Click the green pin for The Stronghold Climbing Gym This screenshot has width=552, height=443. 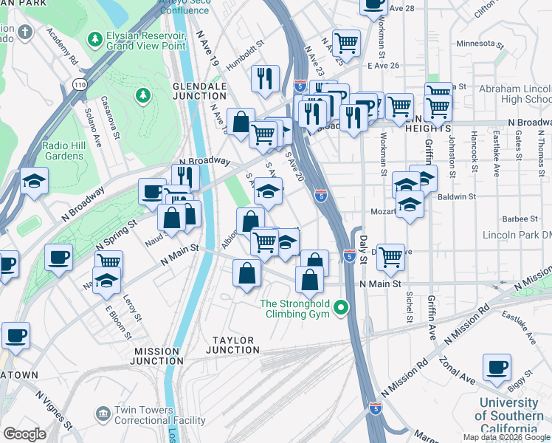341,307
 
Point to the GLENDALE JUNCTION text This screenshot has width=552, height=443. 199,91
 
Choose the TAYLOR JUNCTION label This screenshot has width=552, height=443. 232,346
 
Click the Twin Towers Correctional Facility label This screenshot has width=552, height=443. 159,416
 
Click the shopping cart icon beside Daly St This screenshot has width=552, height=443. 390,257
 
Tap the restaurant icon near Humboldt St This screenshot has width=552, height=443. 265,78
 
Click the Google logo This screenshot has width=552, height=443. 24,433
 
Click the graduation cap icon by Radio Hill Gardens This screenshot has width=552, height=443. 34,181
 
